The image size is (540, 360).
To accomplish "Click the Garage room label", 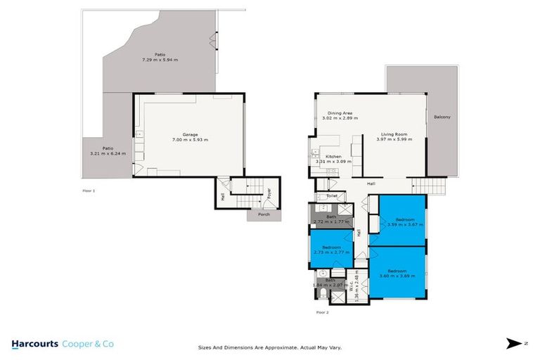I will (190, 134).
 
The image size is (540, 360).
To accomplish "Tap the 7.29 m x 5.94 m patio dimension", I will (154, 60).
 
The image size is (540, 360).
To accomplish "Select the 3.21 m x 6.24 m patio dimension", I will (107, 153).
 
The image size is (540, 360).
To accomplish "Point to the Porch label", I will (264, 214).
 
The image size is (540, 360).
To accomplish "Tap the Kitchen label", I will (333, 156).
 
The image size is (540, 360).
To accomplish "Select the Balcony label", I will (442, 117).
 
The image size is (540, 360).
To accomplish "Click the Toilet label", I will (332, 196).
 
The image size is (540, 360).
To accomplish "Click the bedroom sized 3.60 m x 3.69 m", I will (398, 273).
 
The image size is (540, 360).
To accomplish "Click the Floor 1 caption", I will (89, 191).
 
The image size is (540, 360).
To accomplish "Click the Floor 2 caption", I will (322, 311).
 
